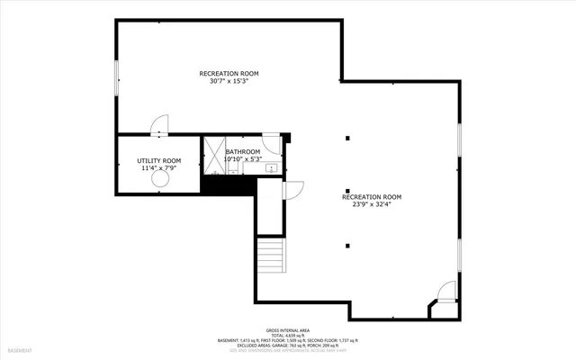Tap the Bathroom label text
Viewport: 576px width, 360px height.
(243, 151)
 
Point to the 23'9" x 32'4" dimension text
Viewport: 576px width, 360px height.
(372, 204)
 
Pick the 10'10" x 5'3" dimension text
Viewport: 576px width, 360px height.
(243, 159)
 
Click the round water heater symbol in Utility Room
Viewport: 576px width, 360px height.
(160, 180)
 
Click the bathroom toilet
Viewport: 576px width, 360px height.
(270, 148)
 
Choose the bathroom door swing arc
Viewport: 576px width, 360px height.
(273, 141)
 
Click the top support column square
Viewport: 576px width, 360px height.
(348, 139)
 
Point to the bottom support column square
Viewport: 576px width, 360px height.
(348, 246)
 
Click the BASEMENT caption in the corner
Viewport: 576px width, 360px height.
(20, 349)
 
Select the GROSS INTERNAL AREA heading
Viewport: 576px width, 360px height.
(287, 329)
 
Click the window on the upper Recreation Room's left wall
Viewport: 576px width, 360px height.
(116, 76)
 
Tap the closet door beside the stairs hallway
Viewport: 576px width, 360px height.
(292, 189)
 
